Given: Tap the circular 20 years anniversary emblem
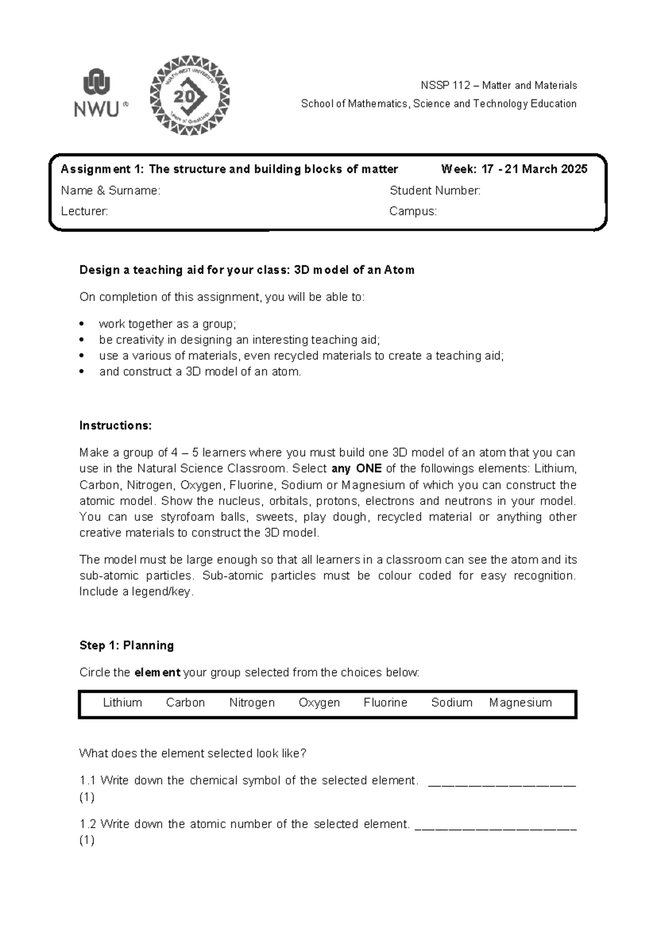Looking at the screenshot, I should [x=190, y=96].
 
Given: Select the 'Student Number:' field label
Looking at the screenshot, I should [x=435, y=190].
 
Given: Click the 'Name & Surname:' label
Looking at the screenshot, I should [x=111, y=190].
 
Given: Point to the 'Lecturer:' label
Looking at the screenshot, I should [x=84, y=211].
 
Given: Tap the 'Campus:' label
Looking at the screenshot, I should [x=413, y=211].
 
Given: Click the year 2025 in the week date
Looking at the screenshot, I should [x=574, y=169].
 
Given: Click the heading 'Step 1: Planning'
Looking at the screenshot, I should [x=126, y=646].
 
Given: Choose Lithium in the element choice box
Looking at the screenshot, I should [x=123, y=703].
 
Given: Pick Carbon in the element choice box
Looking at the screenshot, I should [x=186, y=703].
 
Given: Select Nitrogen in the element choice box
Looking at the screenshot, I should [x=252, y=703].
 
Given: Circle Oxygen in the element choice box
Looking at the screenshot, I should [x=319, y=703].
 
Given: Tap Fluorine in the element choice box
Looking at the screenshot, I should [x=385, y=703].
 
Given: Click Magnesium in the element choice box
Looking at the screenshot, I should [x=520, y=703].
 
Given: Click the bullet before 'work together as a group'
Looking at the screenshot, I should [x=82, y=324].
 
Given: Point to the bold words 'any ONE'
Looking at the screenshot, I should [x=357, y=469].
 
